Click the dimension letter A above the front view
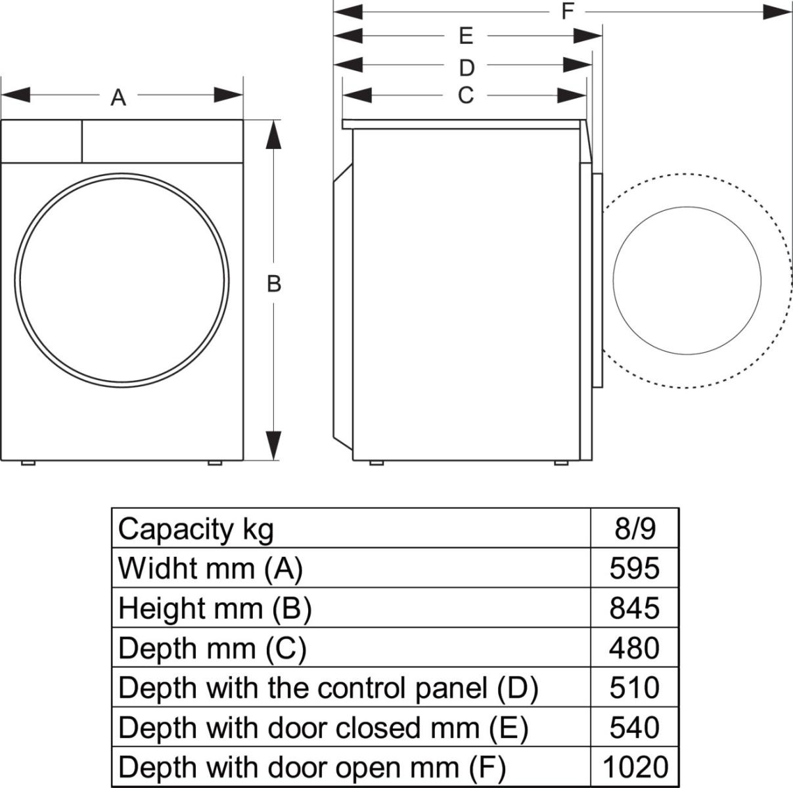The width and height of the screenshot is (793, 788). (118, 98)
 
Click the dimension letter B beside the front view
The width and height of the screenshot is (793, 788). (274, 284)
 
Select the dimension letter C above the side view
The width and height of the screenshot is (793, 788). (465, 96)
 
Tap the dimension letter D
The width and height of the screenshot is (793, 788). (466, 68)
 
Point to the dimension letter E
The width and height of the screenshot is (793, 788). (466, 36)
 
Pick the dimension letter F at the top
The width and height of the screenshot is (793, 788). (568, 11)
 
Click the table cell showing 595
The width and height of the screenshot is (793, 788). (634, 568)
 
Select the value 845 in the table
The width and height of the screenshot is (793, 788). (634, 608)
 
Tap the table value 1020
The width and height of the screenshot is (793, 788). (634, 766)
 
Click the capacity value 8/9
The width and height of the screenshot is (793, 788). (635, 529)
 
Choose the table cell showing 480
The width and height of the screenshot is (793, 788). (634, 648)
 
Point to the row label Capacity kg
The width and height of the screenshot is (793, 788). (195, 529)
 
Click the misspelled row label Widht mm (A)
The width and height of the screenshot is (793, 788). (210, 568)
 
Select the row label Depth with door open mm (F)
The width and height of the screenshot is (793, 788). (312, 766)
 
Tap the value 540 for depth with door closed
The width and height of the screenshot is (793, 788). (634, 728)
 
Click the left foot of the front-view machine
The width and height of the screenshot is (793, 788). (28, 463)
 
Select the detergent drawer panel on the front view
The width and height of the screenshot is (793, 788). (41, 141)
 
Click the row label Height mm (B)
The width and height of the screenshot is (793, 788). (214, 608)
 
